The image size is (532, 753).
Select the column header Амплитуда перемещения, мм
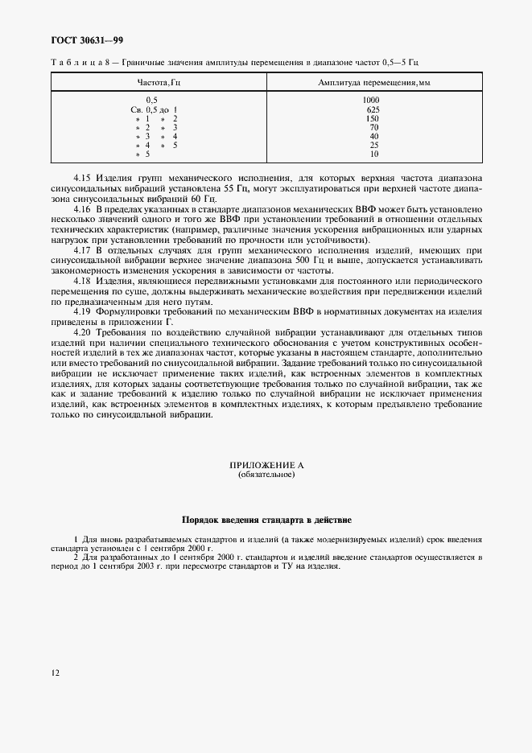coord(373,82)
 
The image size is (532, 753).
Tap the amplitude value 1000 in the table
coord(372,100)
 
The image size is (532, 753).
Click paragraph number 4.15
coord(82,176)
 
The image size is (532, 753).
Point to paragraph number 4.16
coord(82,208)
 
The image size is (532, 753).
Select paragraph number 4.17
coord(82,250)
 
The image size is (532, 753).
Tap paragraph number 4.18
coord(82,282)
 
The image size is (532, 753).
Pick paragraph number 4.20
coord(82,332)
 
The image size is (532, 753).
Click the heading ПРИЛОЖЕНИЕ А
coord(266,466)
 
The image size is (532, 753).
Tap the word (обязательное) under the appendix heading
coord(266,475)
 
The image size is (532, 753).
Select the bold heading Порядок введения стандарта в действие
coord(266,520)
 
